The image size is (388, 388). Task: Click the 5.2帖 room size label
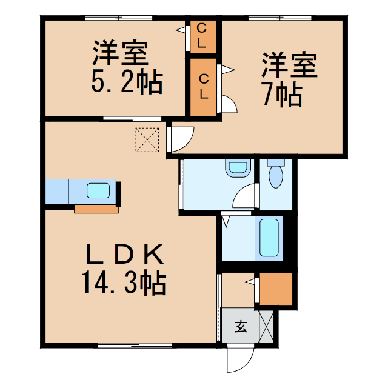click(127, 82)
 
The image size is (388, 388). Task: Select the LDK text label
click(127, 253)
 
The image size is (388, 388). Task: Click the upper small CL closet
click(202, 36)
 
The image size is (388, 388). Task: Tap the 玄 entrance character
click(241, 327)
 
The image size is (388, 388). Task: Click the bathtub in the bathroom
click(269, 238)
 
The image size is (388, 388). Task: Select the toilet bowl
click(276, 175)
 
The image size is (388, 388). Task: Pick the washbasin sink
click(238, 167)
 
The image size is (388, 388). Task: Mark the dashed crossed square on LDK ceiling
click(146, 139)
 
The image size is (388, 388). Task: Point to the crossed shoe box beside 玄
click(267, 327)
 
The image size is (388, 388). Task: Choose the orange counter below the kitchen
click(96, 209)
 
